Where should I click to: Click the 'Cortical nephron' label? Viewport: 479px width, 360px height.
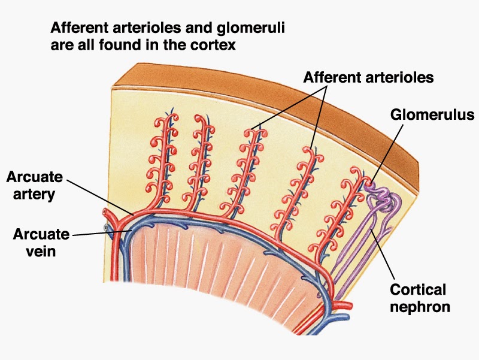coord(419,298)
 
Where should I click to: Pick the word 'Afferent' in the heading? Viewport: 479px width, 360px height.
coord(78,28)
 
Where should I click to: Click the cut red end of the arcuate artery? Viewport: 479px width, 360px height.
coord(107,213)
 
